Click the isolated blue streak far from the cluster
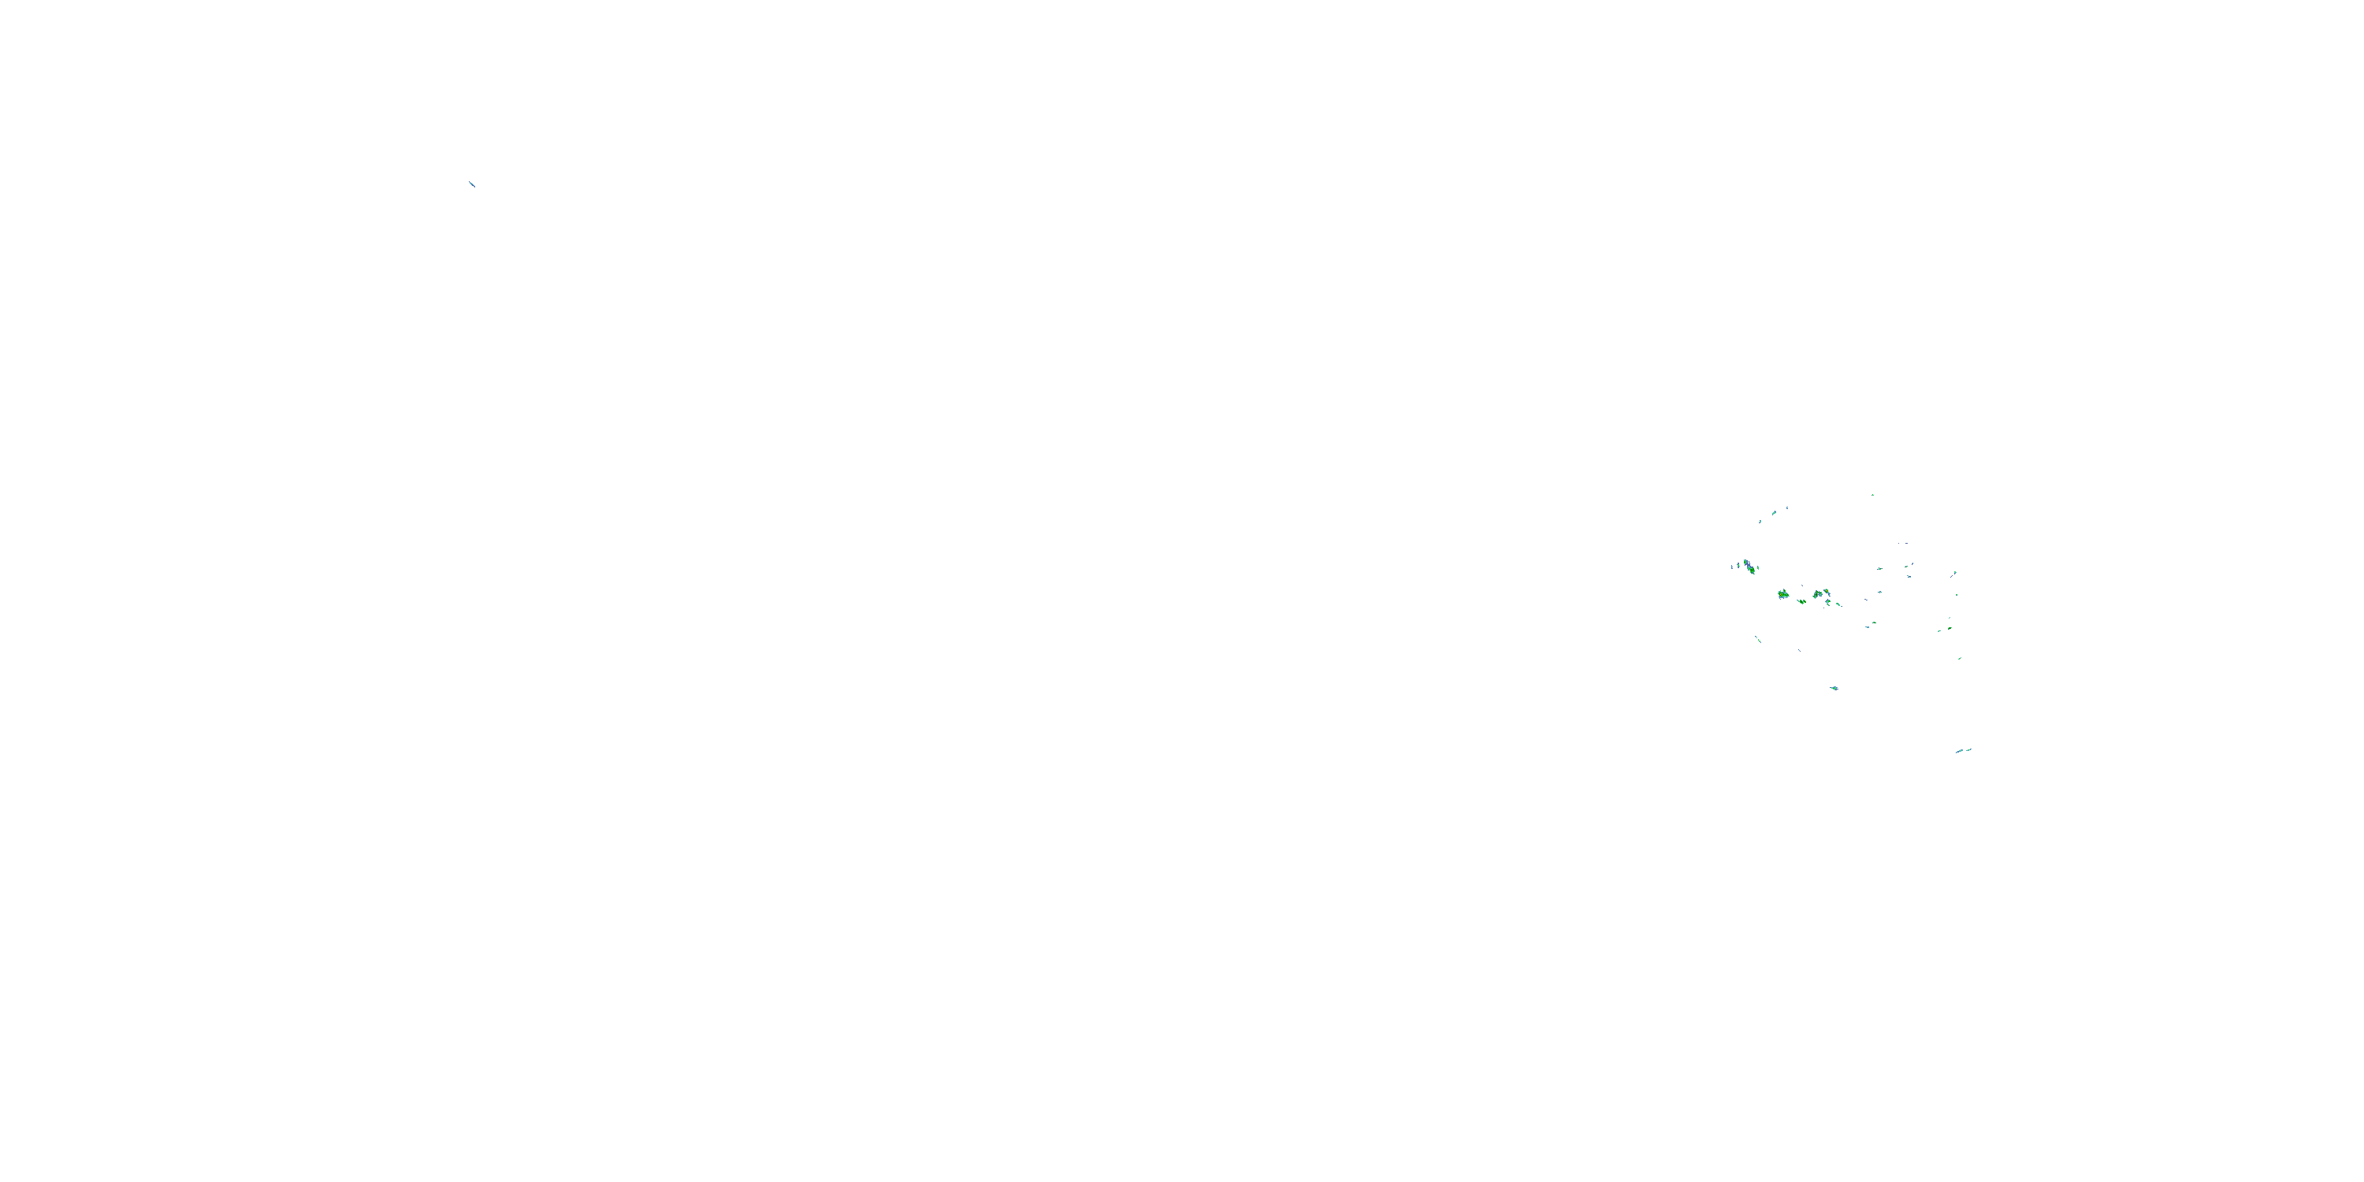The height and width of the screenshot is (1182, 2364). coord(473,184)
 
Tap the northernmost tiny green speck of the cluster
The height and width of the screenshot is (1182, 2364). coord(1872,496)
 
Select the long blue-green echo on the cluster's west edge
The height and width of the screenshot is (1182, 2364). coord(1749,567)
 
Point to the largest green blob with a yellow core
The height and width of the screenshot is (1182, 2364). coord(1783,595)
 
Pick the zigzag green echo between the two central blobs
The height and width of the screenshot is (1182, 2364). coord(1801,601)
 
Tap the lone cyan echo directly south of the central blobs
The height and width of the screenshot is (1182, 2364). coord(1834,687)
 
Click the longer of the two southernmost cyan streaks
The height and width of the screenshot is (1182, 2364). coord(1958,752)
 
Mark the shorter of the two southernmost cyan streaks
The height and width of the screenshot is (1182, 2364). coord(1969,749)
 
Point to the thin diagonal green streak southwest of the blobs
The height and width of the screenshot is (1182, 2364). coord(1758,639)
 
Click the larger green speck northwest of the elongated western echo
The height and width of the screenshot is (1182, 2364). coord(1774,512)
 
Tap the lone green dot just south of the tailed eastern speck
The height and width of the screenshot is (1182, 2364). coord(1956,595)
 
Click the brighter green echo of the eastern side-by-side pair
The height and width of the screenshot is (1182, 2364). coord(1950,629)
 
